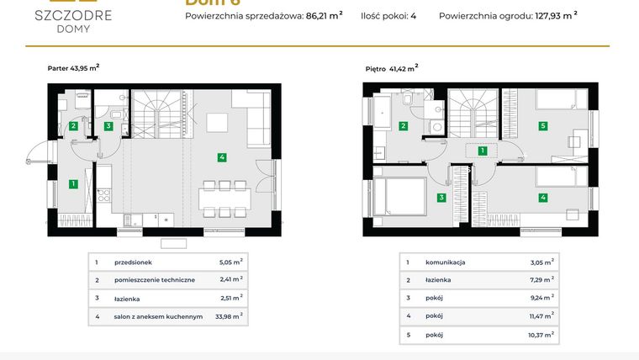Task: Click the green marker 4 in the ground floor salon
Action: [x=221, y=156]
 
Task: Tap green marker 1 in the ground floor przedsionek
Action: [x=74, y=183]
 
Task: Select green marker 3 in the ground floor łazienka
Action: [x=108, y=126]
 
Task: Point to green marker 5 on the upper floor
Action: [x=543, y=126]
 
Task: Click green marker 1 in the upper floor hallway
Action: [x=482, y=151]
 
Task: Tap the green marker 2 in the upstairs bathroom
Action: [x=404, y=126]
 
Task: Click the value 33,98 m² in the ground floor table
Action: [x=230, y=316]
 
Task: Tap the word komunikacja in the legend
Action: [x=446, y=262]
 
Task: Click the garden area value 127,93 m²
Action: [x=556, y=15]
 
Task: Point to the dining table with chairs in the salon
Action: [x=224, y=200]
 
